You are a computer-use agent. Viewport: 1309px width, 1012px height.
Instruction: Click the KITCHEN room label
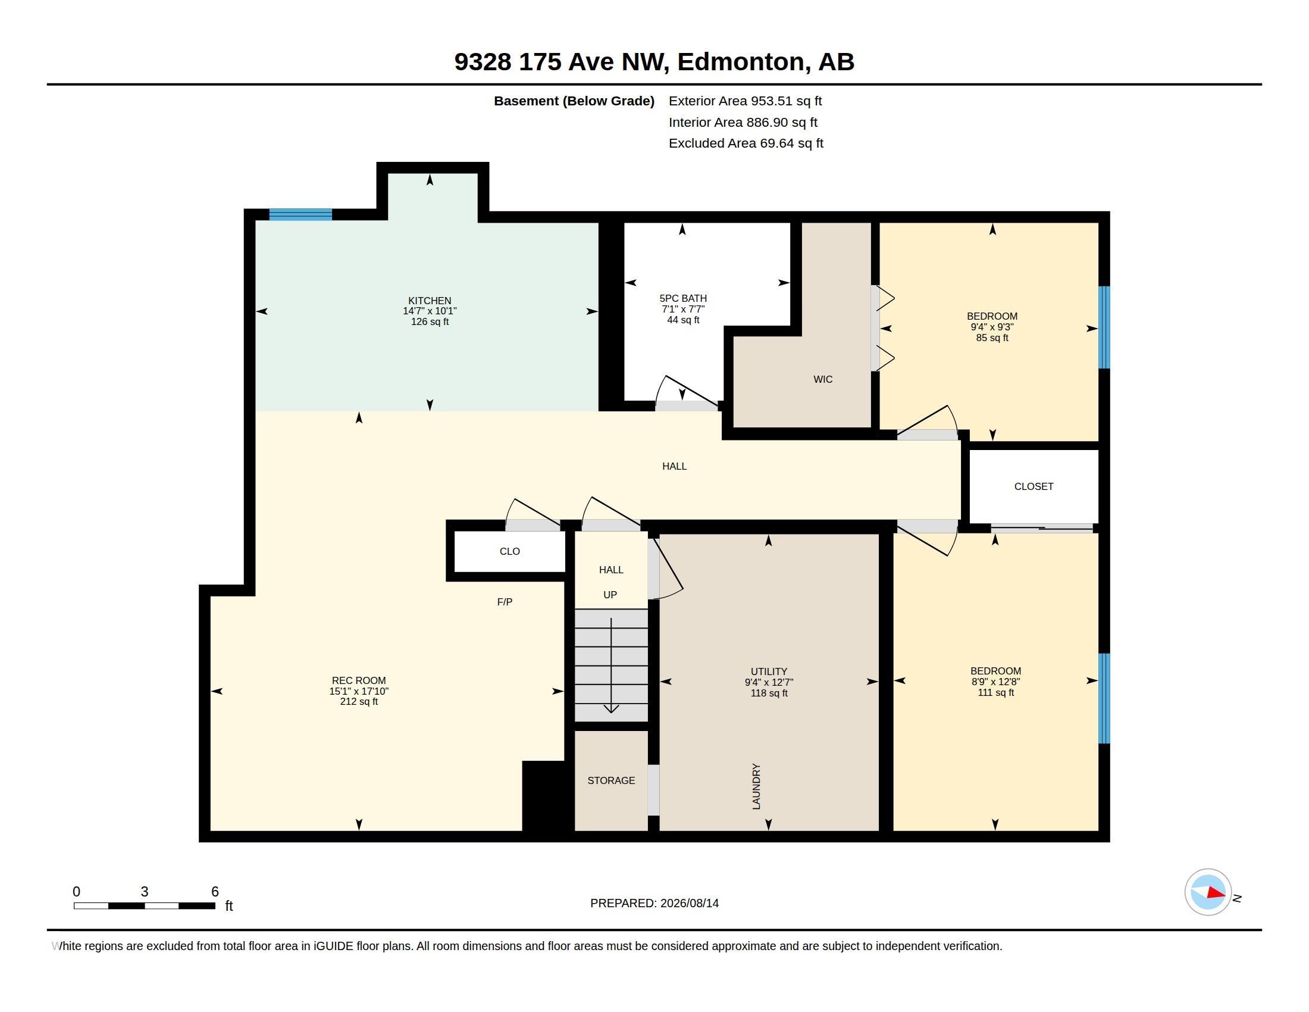click(x=430, y=301)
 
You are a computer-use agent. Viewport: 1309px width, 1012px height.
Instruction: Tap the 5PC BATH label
click(x=682, y=299)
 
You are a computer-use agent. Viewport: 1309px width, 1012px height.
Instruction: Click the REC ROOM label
click(x=358, y=680)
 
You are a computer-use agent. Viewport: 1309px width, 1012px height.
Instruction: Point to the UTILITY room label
click(x=769, y=671)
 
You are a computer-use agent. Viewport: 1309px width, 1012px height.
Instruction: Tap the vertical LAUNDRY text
click(x=756, y=786)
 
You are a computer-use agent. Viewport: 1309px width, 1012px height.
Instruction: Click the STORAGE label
click(x=611, y=780)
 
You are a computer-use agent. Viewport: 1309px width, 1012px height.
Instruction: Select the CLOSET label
click(x=1034, y=487)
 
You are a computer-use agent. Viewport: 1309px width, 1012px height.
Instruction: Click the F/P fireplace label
click(x=505, y=602)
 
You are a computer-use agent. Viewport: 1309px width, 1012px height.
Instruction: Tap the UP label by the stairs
click(x=610, y=595)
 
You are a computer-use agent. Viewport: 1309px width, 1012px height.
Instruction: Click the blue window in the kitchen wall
click(x=300, y=215)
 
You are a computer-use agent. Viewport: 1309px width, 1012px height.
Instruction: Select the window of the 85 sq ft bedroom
click(x=1104, y=327)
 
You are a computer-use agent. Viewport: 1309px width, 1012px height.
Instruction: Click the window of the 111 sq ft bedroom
click(x=1104, y=698)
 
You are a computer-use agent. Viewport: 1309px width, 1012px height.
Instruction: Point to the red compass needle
click(x=1216, y=893)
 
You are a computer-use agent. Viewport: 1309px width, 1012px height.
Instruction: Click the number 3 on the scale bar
click(x=145, y=892)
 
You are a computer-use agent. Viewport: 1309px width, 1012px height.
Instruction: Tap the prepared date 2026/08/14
click(x=689, y=903)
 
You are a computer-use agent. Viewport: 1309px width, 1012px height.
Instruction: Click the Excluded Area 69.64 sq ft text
click(x=746, y=143)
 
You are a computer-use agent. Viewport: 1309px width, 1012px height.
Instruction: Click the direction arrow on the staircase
click(x=611, y=666)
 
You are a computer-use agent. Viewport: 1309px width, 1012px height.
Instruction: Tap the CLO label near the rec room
click(x=510, y=552)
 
